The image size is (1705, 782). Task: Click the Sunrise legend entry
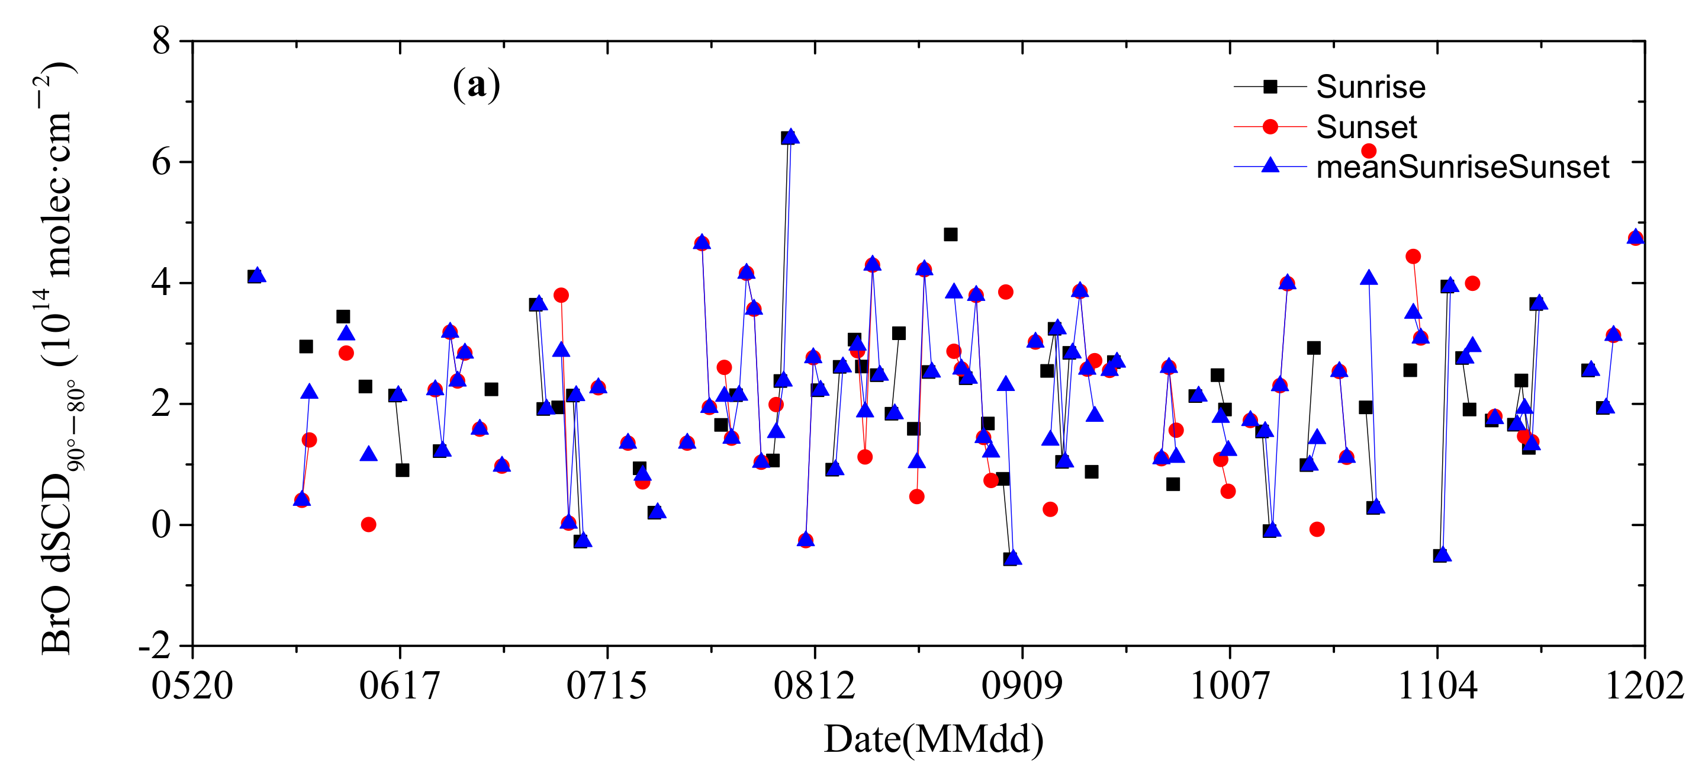pyautogui.click(x=1370, y=86)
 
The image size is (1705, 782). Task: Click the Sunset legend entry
pyautogui.click(x=1366, y=126)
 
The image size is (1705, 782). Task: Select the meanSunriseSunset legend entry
pyautogui.click(x=1462, y=167)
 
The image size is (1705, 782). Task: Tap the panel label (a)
pyautogui.click(x=477, y=85)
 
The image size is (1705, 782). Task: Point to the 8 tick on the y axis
pyautogui.click(x=162, y=41)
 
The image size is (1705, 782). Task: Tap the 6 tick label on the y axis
pyautogui.click(x=162, y=162)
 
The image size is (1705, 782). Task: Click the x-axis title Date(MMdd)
pyautogui.click(x=933, y=739)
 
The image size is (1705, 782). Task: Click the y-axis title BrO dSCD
pyautogui.click(x=58, y=358)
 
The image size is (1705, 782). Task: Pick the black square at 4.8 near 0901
pyautogui.click(x=950, y=235)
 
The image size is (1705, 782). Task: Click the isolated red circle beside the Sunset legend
pyautogui.click(x=1369, y=151)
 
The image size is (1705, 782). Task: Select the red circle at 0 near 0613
pyautogui.click(x=369, y=524)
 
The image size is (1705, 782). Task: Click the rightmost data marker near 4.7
pyautogui.click(x=1636, y=237)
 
